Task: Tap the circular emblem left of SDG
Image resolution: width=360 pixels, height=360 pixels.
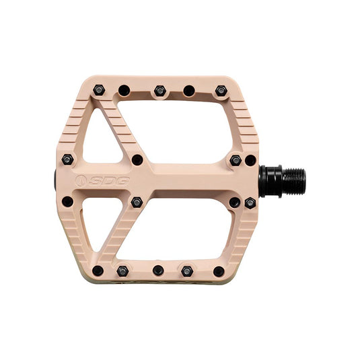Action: tap(81, 180)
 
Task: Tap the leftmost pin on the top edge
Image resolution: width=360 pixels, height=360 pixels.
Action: tap(99, 89)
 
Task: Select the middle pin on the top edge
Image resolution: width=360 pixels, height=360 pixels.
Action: tap(159, 90)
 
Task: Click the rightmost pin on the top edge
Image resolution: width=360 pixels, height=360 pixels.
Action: tap(221, 90)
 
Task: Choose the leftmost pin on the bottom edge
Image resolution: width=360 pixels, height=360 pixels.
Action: tap(98, 271)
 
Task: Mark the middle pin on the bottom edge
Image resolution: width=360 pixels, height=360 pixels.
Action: tap(158, 271)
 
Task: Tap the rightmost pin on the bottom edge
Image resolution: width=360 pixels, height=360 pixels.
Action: tap(219, 271)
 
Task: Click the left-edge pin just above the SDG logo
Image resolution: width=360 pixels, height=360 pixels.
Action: tap(67, 159)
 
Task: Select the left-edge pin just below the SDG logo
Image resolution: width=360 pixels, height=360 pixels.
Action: tap(67, 201)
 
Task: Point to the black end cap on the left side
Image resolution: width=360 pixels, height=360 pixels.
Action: tap(54, 180)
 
